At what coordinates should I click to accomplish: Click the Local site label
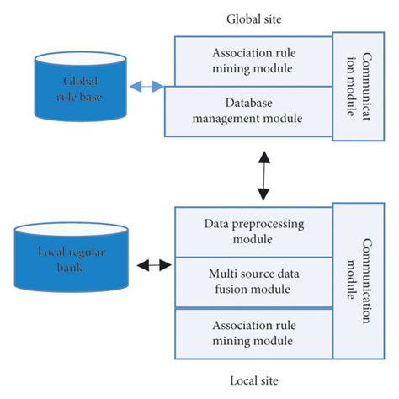[x=255, y=380]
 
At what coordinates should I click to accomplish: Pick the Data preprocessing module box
[x=253, y=231]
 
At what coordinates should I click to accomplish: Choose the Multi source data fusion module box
[x=253, y=281]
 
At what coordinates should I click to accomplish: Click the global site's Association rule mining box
[x=253, y=61]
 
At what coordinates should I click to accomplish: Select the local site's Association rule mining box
[x=253, y=332]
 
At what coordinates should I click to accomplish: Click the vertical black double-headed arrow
[x=264, y=176]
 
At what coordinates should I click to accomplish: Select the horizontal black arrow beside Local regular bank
[x=154, y=266]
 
